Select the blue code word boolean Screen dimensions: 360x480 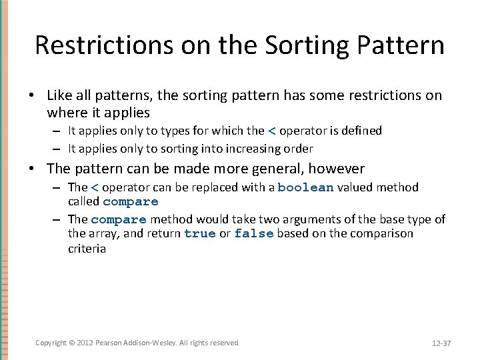305,188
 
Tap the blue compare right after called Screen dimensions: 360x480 131,201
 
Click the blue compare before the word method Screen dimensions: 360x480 119,219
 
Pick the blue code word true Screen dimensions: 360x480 200,234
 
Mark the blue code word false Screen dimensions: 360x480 254,234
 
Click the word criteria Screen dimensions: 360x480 87,249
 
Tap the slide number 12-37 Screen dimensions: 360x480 441,343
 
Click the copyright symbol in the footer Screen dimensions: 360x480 72,343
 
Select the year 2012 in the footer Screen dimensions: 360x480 85,343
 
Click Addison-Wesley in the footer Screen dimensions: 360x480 151,343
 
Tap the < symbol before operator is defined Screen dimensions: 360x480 271,131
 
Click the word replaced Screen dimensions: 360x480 216,188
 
